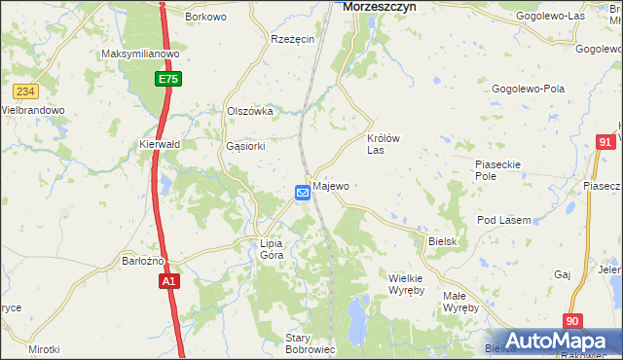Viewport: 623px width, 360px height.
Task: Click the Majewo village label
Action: click(x=331, y=186)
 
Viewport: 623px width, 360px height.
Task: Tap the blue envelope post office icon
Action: click(x=303, y=193)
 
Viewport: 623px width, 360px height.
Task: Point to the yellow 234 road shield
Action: click(x=25, y=91)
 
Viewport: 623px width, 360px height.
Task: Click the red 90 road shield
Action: click(x=572, y=320)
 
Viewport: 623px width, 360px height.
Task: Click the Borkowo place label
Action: click(x=205, y=18)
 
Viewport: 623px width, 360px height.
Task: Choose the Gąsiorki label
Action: click(x=244, y=147)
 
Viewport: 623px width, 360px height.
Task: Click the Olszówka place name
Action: click(x=249, y=112)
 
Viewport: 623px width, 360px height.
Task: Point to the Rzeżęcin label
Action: click(x=292, y=39)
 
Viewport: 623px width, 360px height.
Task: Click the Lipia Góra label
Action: click(x=272, y=249)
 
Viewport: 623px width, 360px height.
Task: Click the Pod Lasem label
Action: click(x=503, y=221)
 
